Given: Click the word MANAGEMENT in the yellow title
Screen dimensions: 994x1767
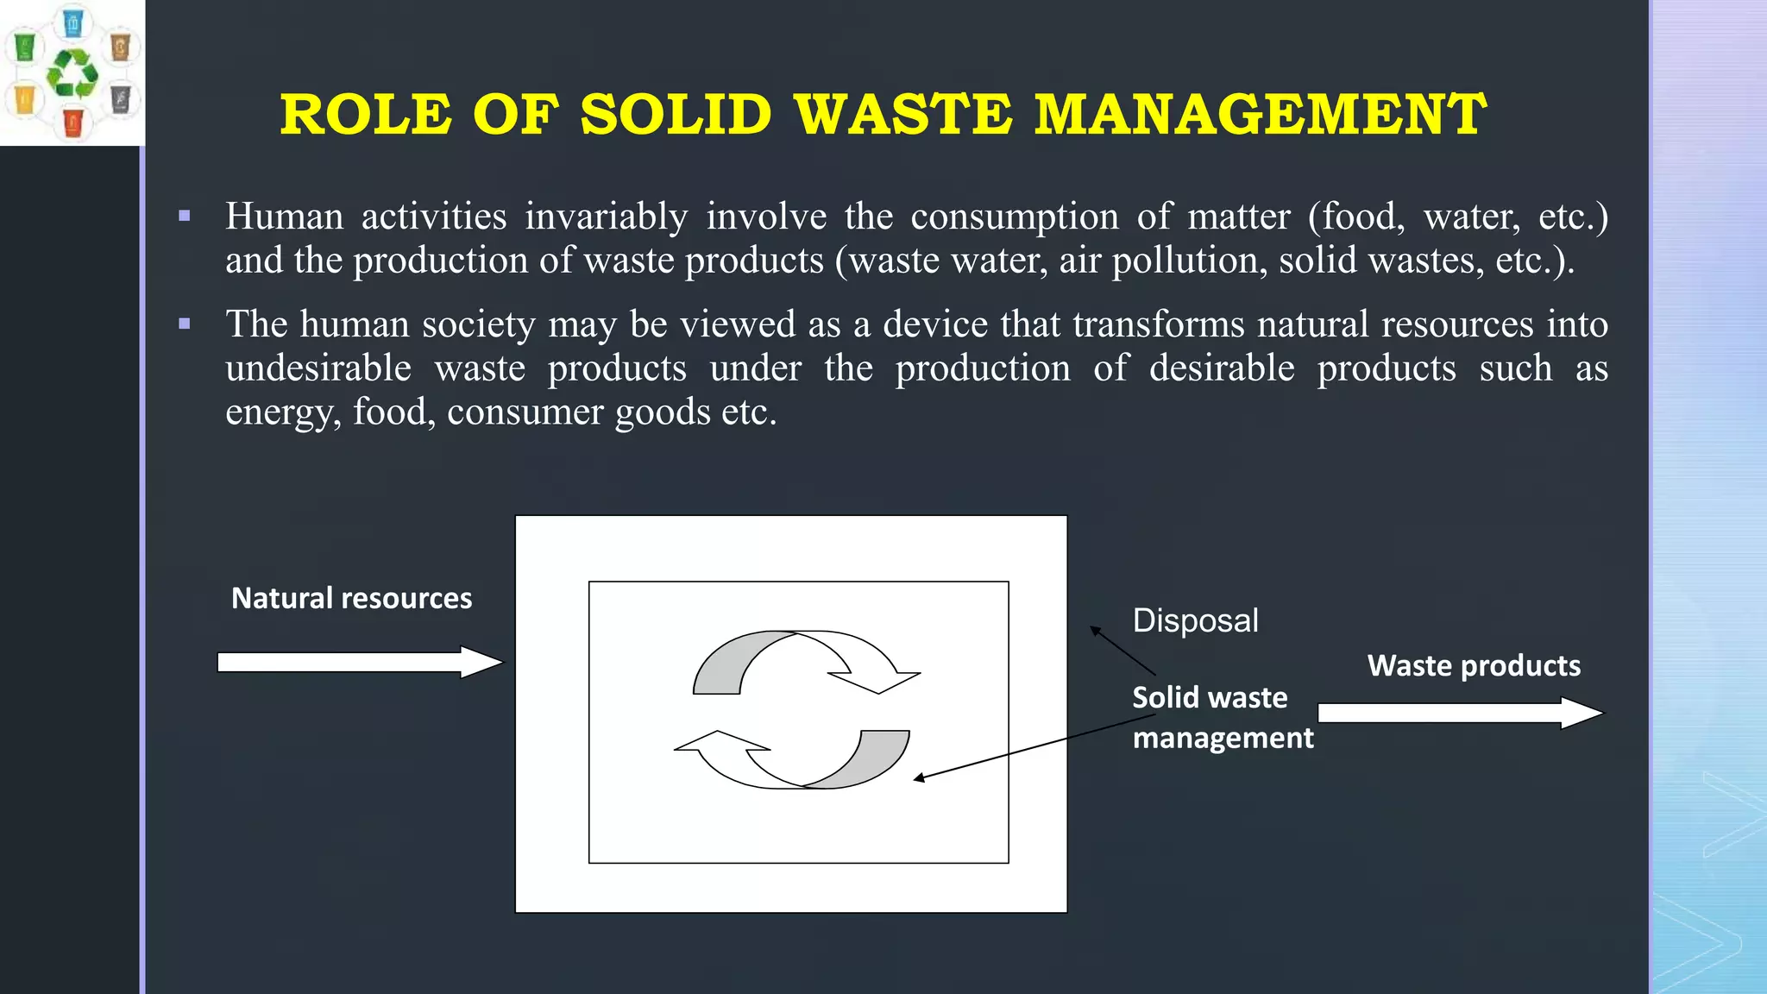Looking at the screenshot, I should pyautogui.click(x=1260, y=115).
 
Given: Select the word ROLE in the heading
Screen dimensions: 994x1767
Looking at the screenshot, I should pyautogui.click(x=365, y=115).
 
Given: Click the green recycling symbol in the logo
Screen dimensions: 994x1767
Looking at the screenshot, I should pyautogui.click(x=72, y=72).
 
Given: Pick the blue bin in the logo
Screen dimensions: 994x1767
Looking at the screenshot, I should pyautogui.click(x=73, y=22).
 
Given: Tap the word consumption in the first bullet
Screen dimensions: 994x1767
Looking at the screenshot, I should pyautogui.click(x=1015, y=217).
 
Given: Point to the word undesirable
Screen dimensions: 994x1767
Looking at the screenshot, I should pyautogui.click(x=318, y=368).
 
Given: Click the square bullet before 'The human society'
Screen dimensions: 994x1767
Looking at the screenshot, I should pyautogui.click(x=185, y=324).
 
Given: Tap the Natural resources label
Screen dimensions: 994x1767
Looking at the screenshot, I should pyautogui.click(x=351, y=598).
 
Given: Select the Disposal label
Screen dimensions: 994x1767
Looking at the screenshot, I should pyautogui.click(x=1195, y=620).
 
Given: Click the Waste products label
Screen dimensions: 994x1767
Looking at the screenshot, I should pyautogui.click(x=1474, y=665).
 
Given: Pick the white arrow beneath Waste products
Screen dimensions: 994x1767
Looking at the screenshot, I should pyautogui.click(x=1459, y=713).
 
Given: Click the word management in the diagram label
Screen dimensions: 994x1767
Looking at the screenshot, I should pyautogui.click(x=1223, y=738).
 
